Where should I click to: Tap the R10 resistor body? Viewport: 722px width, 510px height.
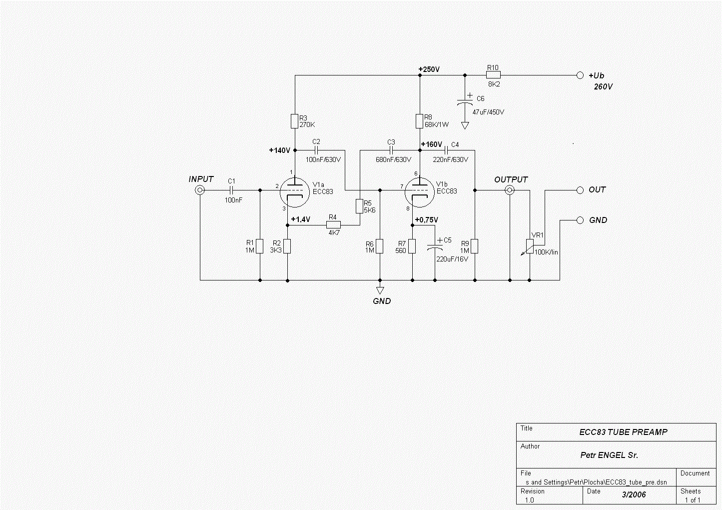pos(493,75)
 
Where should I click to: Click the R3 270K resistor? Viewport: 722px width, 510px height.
pos(294,121)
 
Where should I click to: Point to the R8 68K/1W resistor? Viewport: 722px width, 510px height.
pos(419,121)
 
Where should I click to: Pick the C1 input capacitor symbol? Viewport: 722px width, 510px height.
pos(231,190)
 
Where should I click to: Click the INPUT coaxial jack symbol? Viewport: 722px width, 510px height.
pos(200,190)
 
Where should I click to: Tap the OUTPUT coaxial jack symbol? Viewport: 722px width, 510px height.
pos(510,190)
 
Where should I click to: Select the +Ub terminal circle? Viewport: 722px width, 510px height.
pos(580,75)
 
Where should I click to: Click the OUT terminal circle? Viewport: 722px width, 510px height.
pos(580,190)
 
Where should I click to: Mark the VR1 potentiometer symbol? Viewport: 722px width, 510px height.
pos(530,247)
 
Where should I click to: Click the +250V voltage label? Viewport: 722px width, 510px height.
pos(429,69)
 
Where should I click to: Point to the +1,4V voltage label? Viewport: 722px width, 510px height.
pos(300,219)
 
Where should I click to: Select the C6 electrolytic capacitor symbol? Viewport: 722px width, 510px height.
pos(465,101)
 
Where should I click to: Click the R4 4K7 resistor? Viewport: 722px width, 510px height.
pos(334,225)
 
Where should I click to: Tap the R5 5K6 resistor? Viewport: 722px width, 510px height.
pos(359,206)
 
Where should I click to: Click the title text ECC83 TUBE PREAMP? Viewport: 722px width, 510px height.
pos(624,432)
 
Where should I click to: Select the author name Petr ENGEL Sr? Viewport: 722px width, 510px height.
pos(609,455)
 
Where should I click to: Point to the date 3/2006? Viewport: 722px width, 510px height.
pos(634,494)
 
